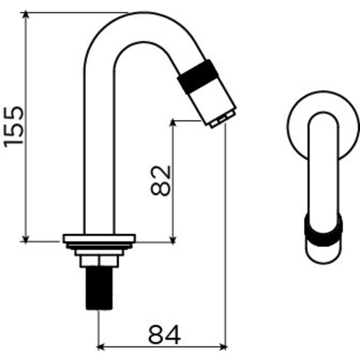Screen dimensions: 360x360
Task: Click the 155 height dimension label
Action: pos(13,126)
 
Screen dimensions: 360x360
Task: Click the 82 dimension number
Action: pos(161,181)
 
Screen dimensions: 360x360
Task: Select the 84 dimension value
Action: pos(164,334)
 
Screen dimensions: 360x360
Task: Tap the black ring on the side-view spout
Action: pos(198,76)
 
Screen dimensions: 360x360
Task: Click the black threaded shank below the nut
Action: pos(99,288)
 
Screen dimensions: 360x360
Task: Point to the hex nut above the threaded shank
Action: pos(99,261)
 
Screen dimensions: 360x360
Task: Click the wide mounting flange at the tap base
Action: pos(99,239)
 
